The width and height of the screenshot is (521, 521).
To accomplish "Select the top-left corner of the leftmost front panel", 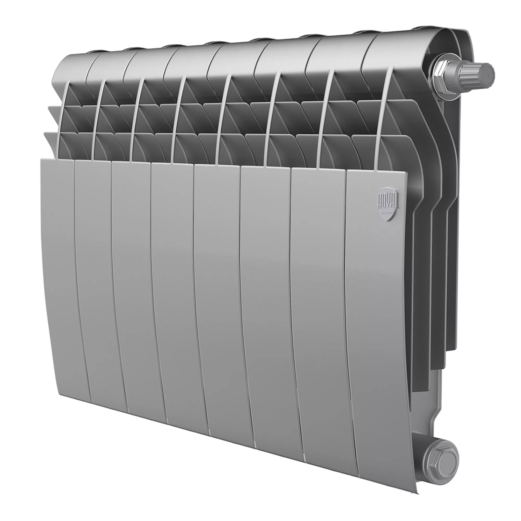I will point(41,160).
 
